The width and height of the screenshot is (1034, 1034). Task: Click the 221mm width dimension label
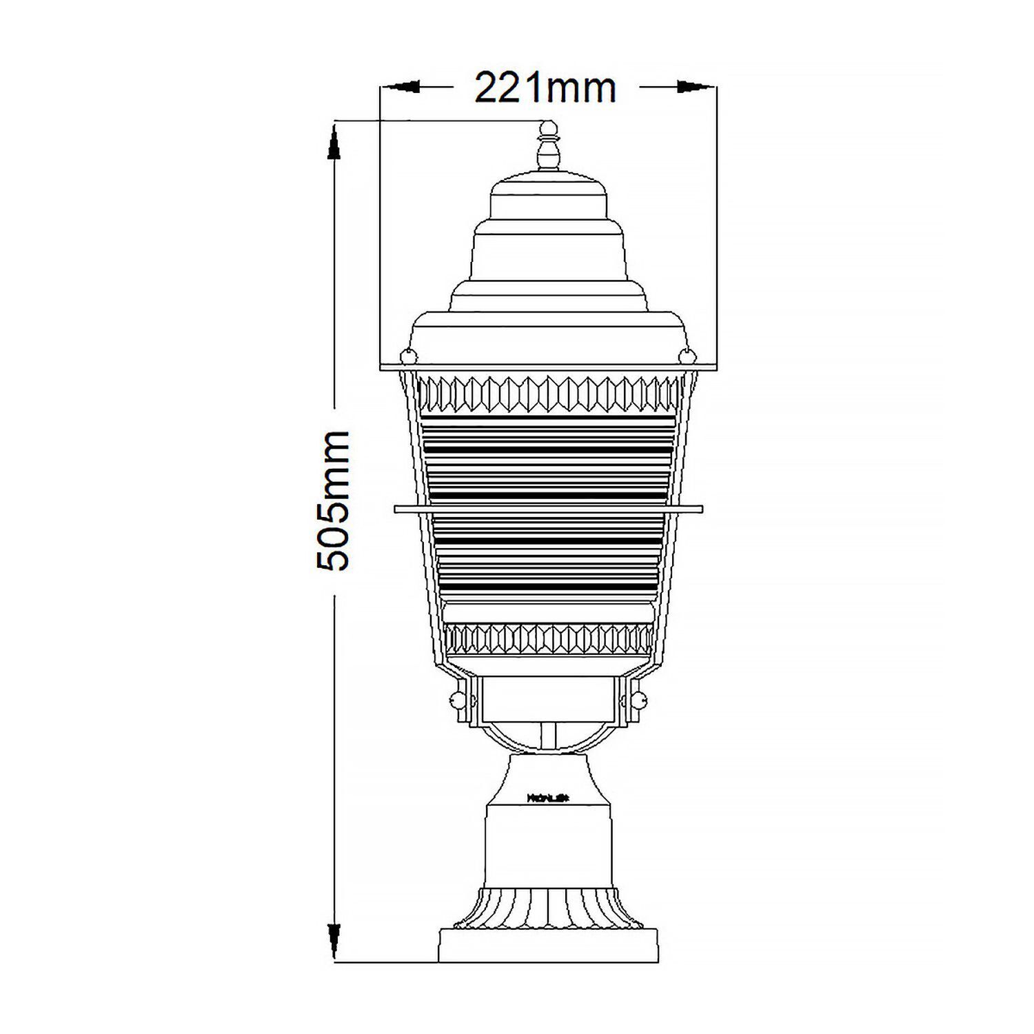545,88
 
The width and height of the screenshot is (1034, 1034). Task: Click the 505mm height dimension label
334,501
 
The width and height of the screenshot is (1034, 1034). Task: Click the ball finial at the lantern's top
548,128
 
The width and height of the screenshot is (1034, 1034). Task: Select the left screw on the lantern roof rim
407,356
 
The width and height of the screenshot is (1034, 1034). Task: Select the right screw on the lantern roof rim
687,356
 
